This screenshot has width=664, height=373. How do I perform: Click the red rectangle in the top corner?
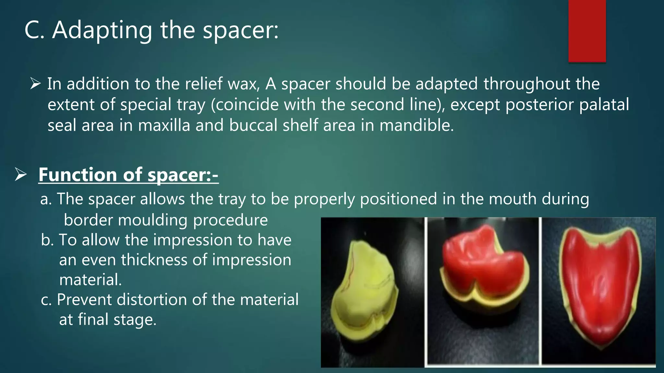(x=587, y=31)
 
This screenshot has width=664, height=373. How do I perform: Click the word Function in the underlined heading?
(x=77, y=175)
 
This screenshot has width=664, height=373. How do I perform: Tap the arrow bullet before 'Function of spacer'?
(x=21, y=175)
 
